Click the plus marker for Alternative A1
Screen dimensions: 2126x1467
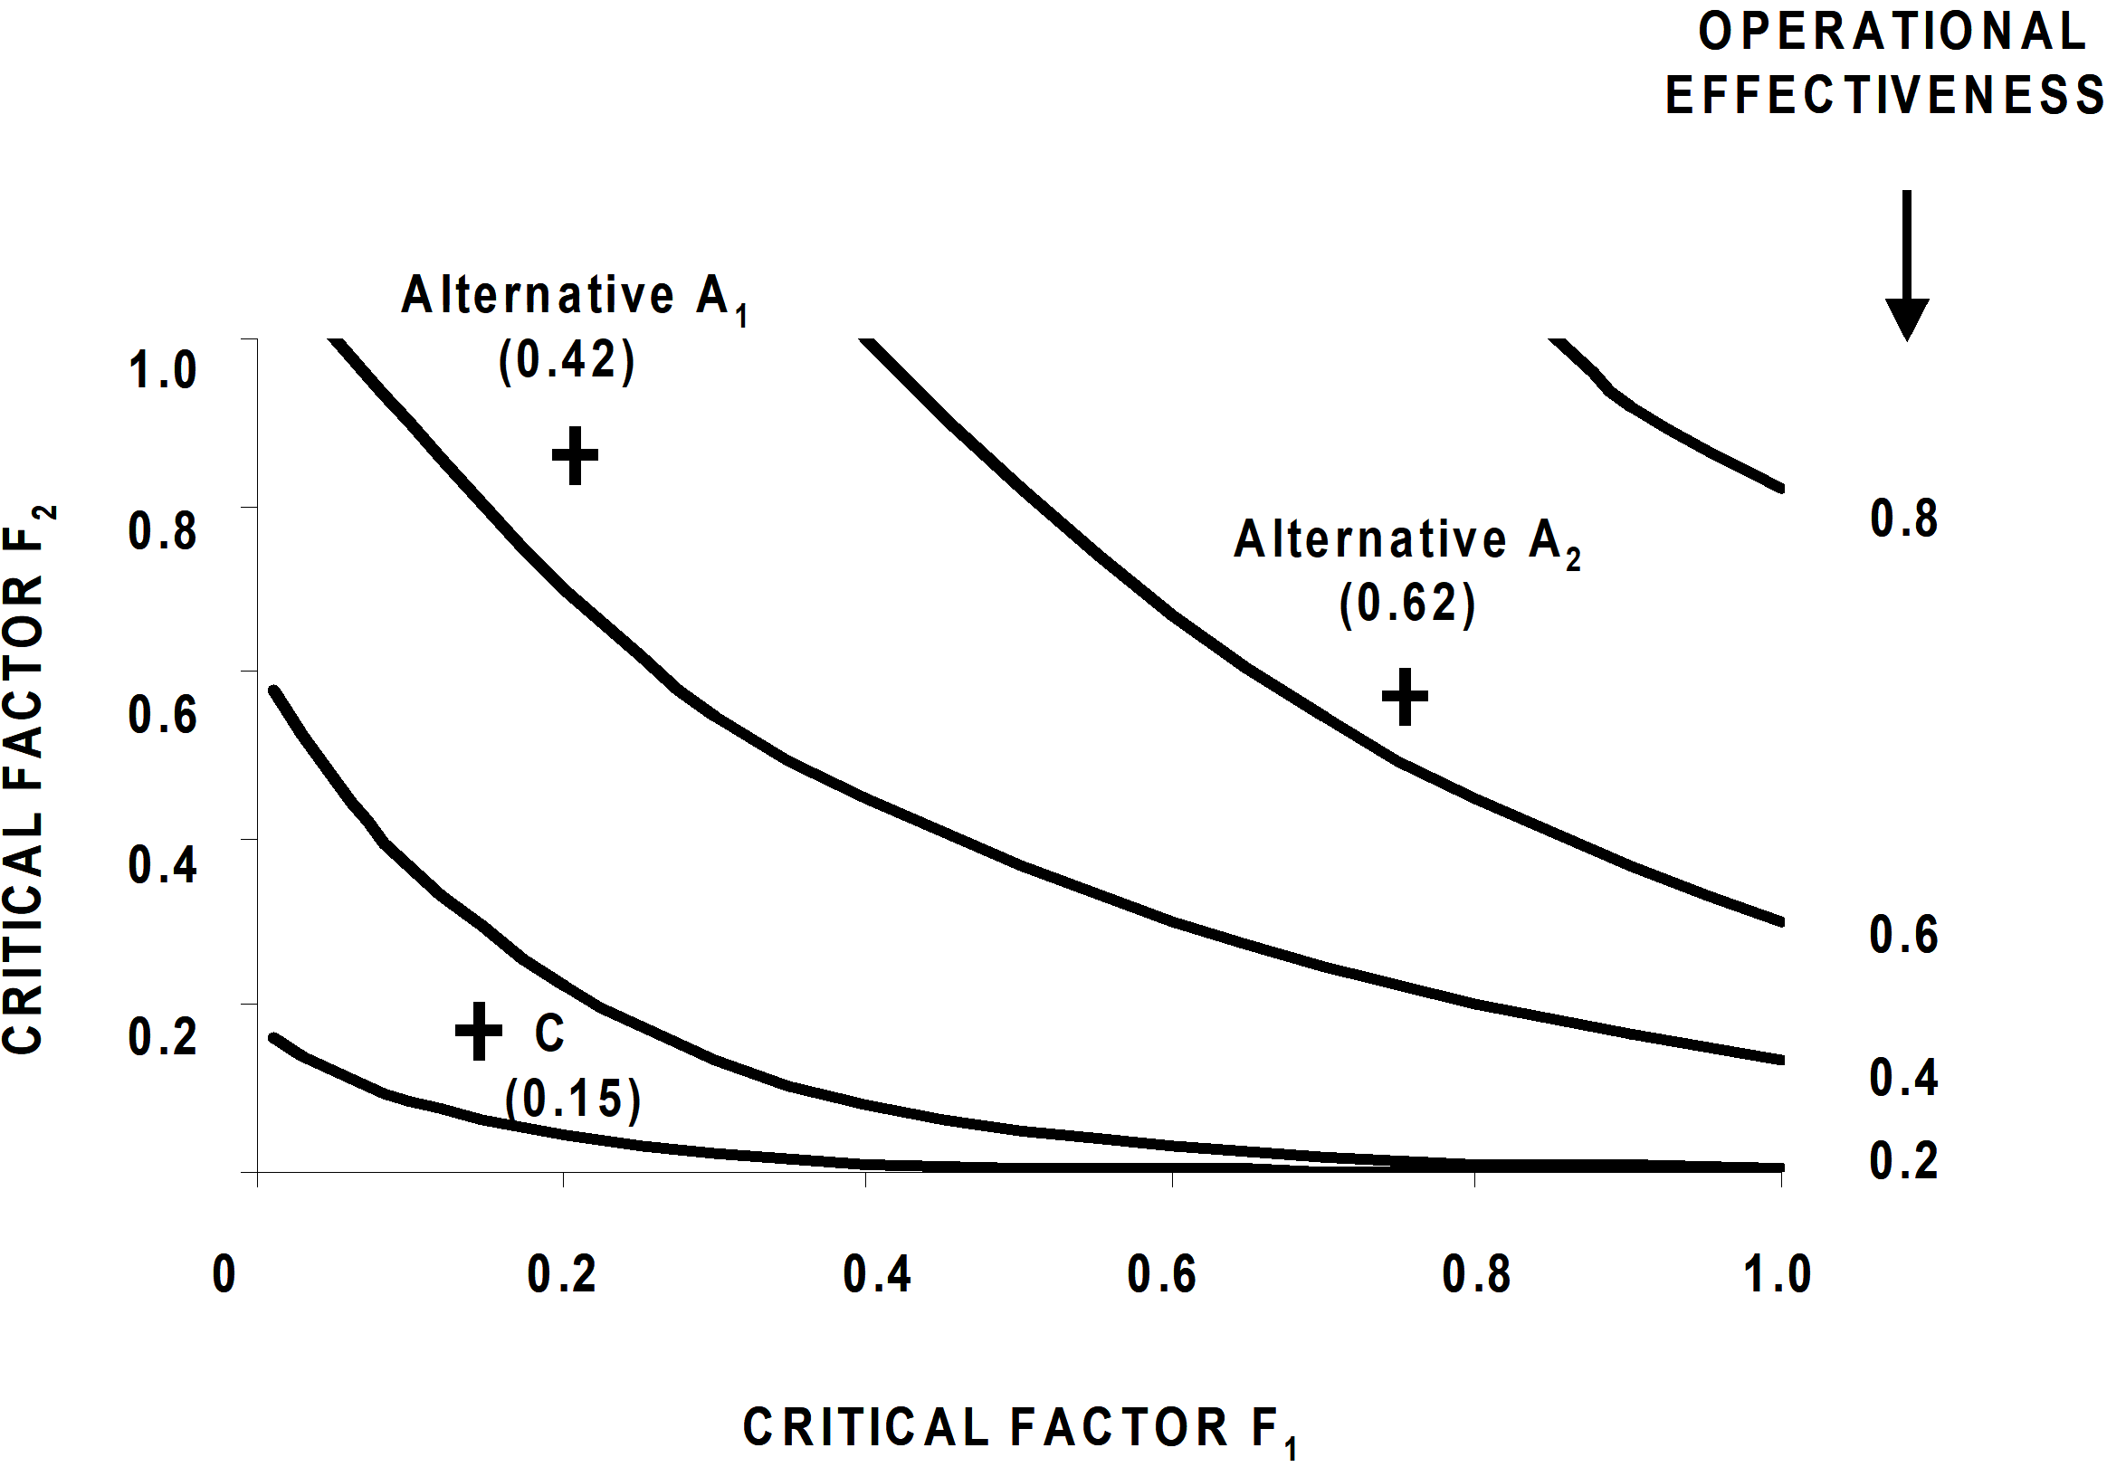575,455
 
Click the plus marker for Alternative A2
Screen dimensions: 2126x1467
1406,696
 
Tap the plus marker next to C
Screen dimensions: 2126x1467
479,1031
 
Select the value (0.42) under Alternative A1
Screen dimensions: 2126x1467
567,360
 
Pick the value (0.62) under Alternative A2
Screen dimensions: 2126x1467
1407,604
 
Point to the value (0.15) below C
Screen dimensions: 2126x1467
573,1098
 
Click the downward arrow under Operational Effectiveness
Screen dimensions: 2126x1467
1907,265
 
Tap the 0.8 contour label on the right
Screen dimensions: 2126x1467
1903,519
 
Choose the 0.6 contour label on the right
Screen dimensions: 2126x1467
1903,935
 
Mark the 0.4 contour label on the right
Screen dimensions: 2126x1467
1903,1076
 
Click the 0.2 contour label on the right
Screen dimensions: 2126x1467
1903,1160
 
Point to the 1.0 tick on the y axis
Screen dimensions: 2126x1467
163,369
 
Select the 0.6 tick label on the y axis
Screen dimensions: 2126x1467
163,714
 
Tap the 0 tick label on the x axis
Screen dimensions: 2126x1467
224,1274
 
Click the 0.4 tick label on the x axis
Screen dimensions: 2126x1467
877,1274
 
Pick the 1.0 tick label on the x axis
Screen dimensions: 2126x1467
1777,1274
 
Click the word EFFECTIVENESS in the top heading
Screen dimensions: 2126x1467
1885,95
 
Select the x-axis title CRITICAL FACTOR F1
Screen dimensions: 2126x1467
1020,1431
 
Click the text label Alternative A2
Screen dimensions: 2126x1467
1407,542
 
